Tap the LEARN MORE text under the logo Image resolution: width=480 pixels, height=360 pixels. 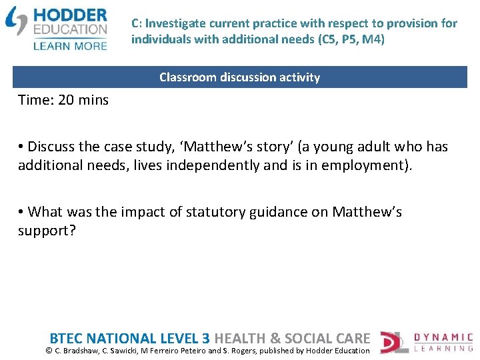click(69, 46)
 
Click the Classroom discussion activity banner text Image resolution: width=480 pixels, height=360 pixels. click(239, 77)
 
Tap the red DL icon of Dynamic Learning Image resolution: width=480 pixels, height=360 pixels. click(391, 342)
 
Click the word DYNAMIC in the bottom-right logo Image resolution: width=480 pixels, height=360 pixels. click(443, 337)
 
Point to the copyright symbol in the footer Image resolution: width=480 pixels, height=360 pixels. click(49, 351)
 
